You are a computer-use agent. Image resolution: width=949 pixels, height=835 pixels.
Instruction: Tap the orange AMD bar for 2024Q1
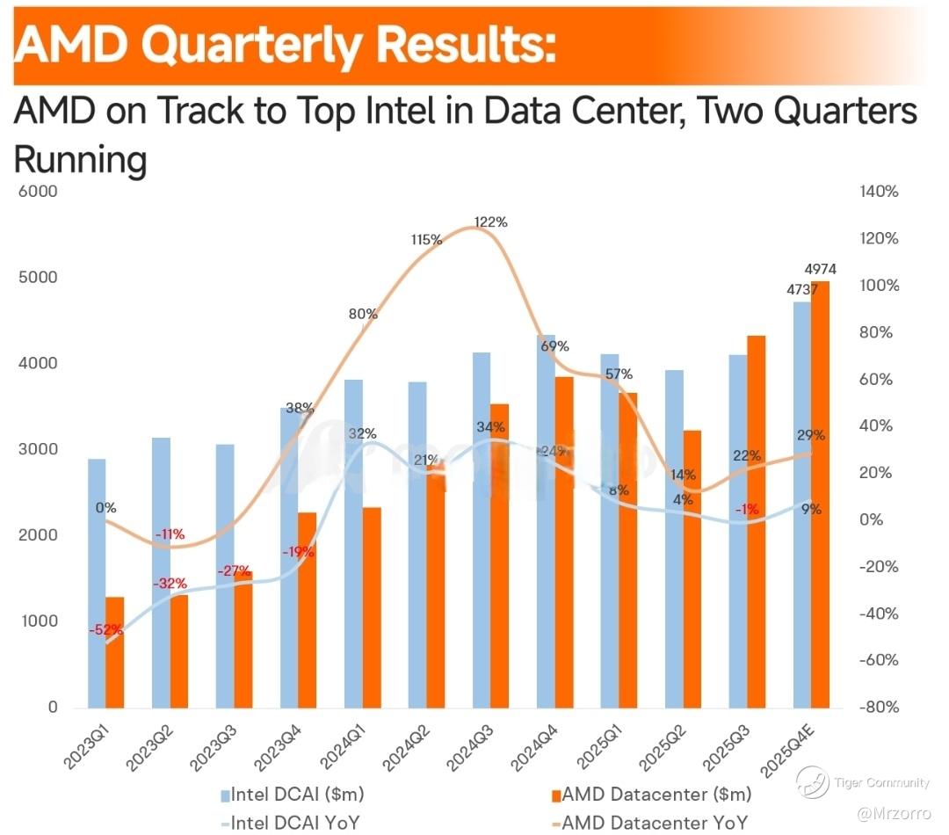[x=371, y=606]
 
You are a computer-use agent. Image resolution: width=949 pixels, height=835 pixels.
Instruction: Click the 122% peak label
[x=490, y=222]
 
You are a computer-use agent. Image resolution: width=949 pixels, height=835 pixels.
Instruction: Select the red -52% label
[x=105, y=630]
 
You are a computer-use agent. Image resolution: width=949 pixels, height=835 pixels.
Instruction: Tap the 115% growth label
[x=426, y=239]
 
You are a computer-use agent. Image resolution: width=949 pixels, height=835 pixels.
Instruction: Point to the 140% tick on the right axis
[x=879, y=192]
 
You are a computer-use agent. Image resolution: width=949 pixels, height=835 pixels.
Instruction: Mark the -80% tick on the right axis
[x=879, y=707]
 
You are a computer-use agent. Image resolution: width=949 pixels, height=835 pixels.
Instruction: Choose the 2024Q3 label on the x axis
[x=481, y=746]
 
